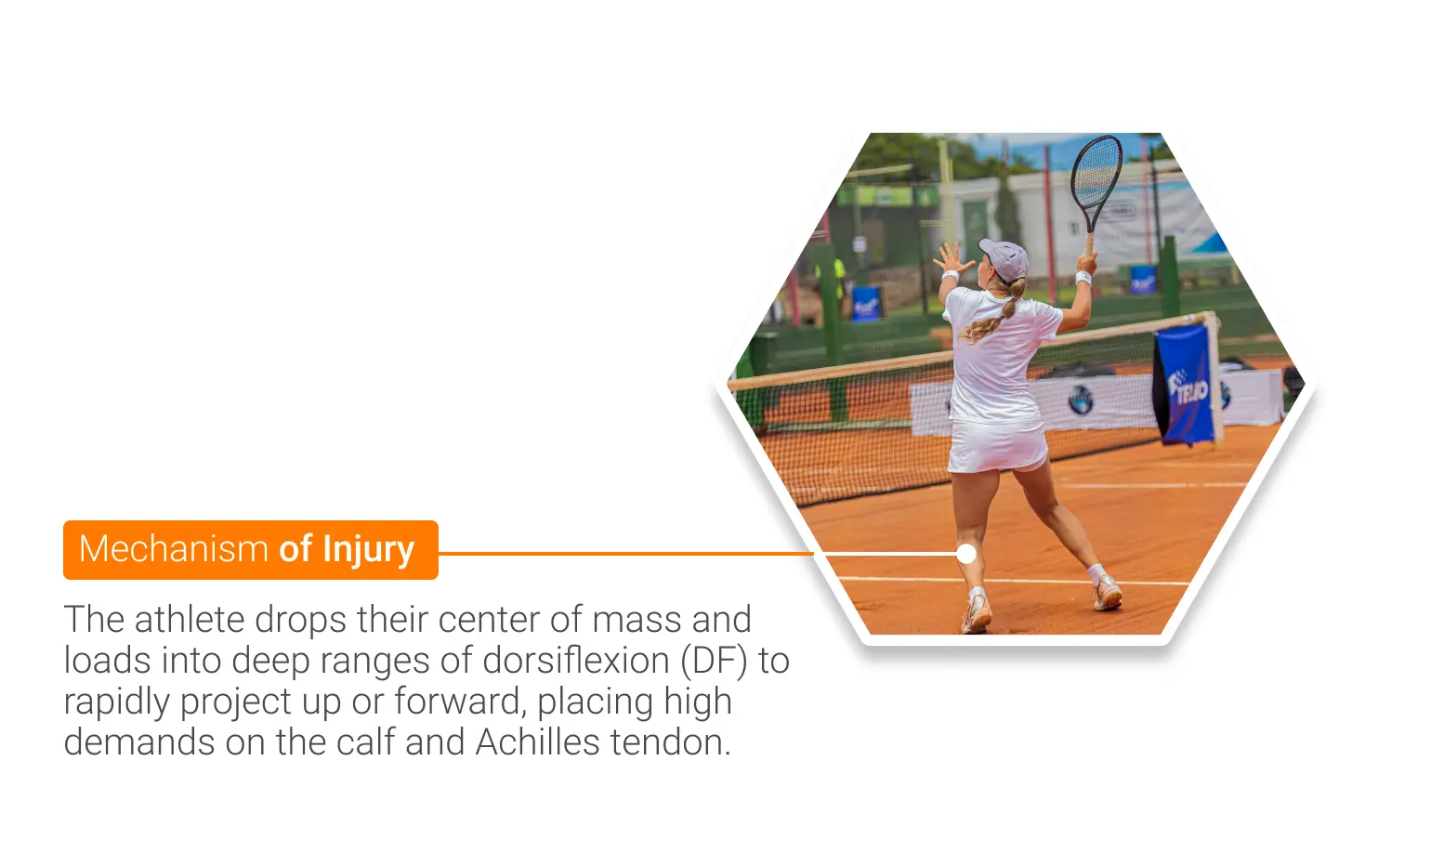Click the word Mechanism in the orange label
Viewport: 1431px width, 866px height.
tap(173, 548)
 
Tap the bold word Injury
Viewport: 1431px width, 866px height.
tap(369, 550)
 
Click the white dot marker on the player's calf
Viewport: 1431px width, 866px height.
tap(966, 554)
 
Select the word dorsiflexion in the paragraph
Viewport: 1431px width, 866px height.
tap(575, 660)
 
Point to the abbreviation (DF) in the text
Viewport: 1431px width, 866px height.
tap(714, 661)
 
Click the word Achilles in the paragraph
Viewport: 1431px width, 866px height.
tap(537, 742)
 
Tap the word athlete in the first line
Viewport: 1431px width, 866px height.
tap(190, 620)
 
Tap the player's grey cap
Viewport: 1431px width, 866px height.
tap(1005, 258)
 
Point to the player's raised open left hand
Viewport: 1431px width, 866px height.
tap(952, 258)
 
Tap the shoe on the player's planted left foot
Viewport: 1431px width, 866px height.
tap(977, 614)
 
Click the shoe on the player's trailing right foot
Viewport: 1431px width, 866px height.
tap(1107, 593)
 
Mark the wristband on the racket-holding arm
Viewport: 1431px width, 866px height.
tap(1083, 278)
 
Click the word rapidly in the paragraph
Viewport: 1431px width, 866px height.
tap(116, 702)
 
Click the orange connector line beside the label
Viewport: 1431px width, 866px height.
tap(626, 553)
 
